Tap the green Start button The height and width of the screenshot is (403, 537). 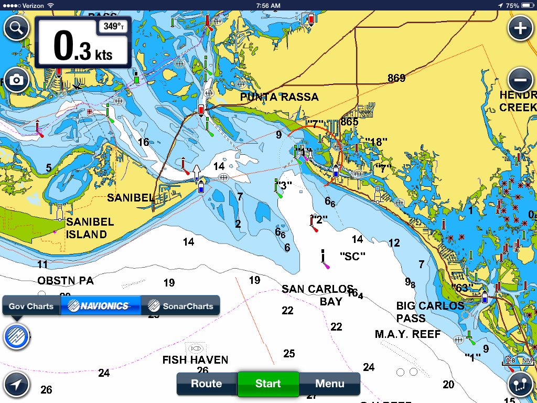pos(268,384)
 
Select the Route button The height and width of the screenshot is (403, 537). pos(207,384)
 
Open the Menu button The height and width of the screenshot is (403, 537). pos(330,384)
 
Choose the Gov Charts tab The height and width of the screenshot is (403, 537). pos(31,306)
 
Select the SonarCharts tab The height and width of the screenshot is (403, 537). pos(181,306)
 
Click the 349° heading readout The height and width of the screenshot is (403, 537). pos(113,26)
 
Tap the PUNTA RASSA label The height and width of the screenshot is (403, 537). pos(279,97)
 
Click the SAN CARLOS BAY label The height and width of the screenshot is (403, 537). pos(318,295)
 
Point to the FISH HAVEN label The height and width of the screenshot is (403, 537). pos(195,360)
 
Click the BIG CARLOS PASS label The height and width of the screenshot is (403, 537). pos(430,312)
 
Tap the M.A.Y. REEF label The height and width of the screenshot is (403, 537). pos(407,334)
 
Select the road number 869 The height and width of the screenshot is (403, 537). pos(396,78)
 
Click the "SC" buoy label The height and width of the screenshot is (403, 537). pos(352,256)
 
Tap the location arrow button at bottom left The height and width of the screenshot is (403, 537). pos(16,385)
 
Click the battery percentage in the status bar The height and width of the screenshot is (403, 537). pos(512,5)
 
